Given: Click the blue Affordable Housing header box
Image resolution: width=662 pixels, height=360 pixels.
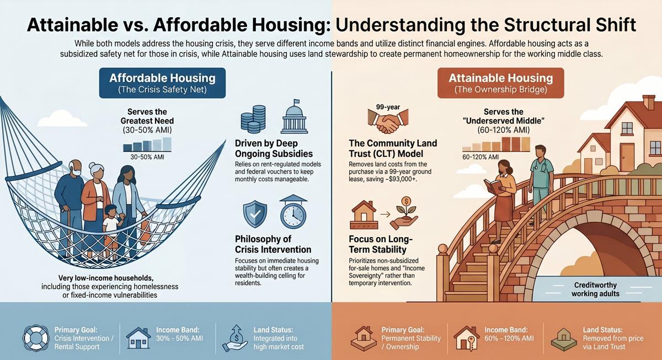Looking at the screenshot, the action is pyautogui.click(x=162, y=83).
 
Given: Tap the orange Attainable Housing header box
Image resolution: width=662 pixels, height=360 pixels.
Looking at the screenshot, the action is pyautogui.click(x=501, y=83).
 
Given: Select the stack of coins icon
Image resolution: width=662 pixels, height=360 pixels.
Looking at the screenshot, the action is pyautogui.click(x=253, y=119).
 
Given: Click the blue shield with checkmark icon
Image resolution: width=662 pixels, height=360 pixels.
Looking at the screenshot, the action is pyautogui.click(x=255, y=214).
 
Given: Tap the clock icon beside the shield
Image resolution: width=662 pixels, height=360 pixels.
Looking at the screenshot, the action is pyautogui.click(x=293, y=212).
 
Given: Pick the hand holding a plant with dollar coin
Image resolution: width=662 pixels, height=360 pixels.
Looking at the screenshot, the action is pyautogui.click(x=404, y=214).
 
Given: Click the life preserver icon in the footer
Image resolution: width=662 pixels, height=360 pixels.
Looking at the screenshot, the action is pyautogui.click(x=36, y=338).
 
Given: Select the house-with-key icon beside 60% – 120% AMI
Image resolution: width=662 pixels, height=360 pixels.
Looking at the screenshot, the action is pyautogui.click(x=466, y=338).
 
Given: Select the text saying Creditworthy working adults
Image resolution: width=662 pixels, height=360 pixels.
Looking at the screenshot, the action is pyautogui.click(x=595, y=289).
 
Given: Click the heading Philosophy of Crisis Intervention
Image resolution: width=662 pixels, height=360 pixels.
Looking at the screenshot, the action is pyautogui.click(x=273, y=244).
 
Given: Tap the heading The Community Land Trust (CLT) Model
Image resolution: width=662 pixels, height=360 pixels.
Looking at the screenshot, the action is pyautogui.click(x=393, y=148).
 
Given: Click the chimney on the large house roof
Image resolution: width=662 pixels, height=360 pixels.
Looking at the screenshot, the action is pyautogui.click(x=649, y=102).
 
